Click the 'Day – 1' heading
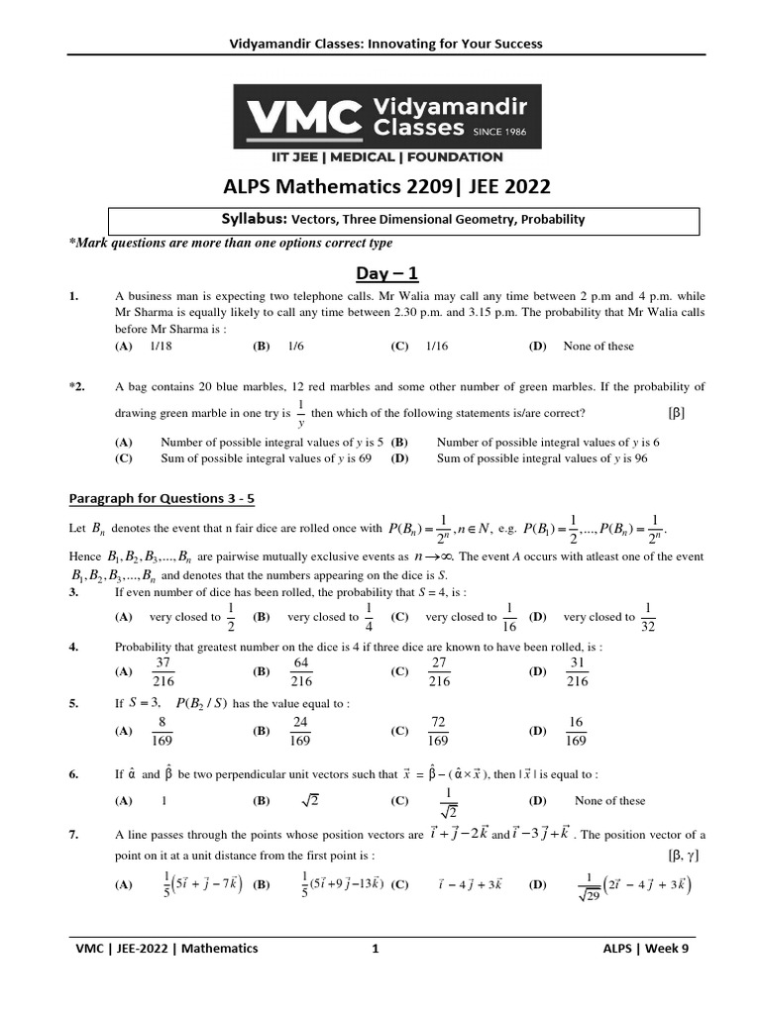pyautogui.click(x=381, y=272)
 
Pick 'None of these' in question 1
pyautogui.click(x=598, y=347)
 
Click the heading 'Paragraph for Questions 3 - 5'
pyautogui.click(x=161, y=498)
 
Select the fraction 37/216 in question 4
pyautogui.click(x=164, y=671)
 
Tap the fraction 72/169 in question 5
pyautogui.click(x=437, y=731)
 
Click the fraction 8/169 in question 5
pyautogui.click(x=164, y=731)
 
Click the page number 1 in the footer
pyautogui.click(x=376, y=948)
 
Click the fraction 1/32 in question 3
pyautogui.click(x=647, y=616)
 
